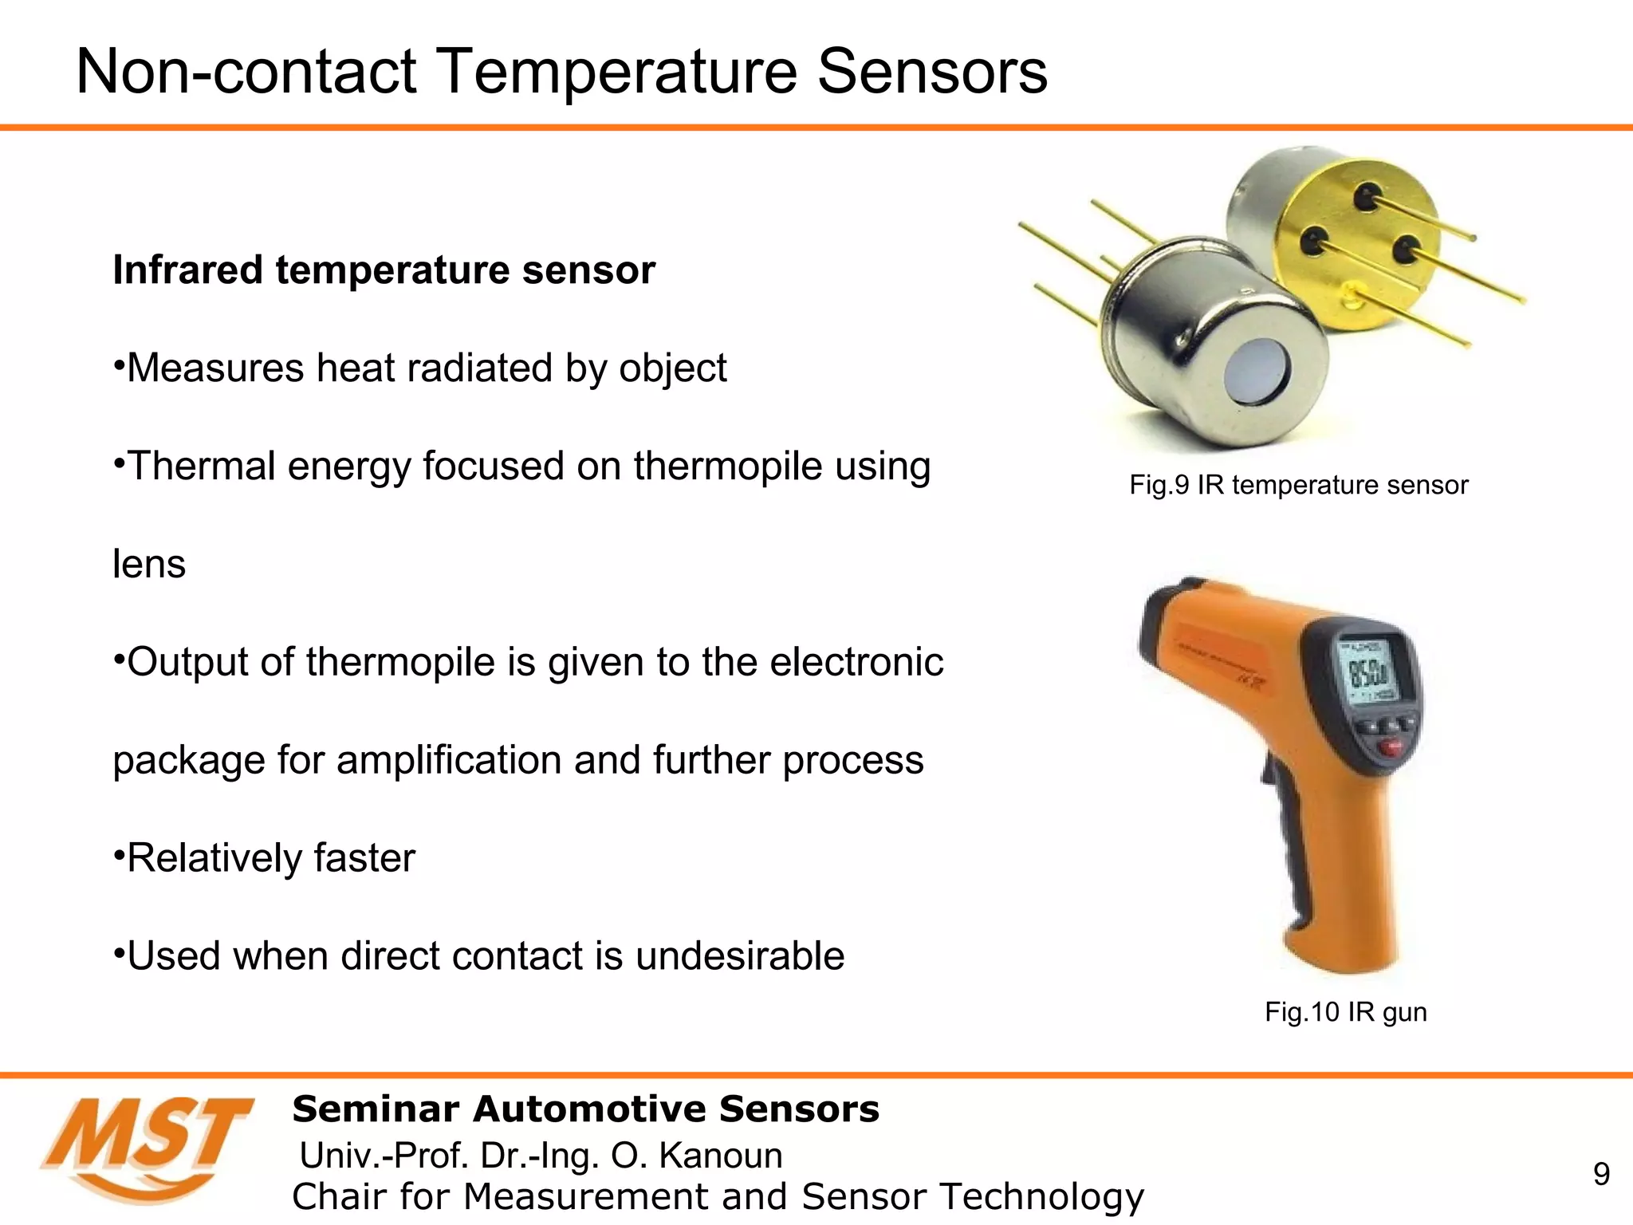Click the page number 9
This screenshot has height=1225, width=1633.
tap(1601, 1174)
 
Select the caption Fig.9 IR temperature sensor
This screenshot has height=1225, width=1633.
tap(1298, 485)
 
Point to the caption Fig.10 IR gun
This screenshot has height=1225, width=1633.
tap(1345, 1012)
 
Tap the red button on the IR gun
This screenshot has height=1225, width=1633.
tap(1391, 748)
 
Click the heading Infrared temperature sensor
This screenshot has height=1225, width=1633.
tap(384, 270)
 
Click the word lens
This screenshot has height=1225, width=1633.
tap(149, 565)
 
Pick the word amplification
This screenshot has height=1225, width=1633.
tap(450, 760)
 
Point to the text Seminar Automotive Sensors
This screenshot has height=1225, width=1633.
tap(585, 1109)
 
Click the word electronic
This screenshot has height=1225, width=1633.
tap(856, 663)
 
